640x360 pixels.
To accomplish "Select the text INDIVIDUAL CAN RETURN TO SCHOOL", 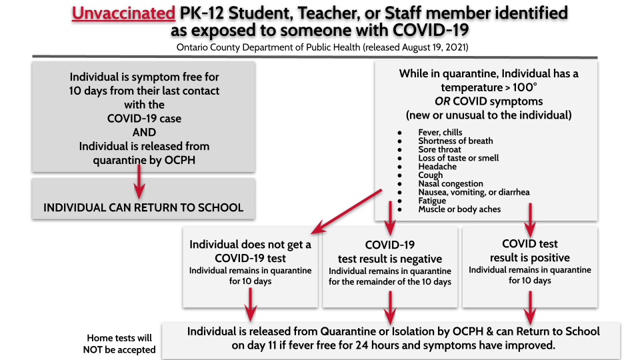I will (143, 207).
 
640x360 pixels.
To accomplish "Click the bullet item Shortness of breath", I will (455, 141).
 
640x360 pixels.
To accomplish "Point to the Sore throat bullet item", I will (439, 149).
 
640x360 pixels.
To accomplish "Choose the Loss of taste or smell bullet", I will (458, 158).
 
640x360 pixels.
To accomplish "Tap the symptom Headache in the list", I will (437, 167).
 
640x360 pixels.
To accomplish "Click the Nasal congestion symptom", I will (450, 183).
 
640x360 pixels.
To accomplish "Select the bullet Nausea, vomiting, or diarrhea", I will (473, 192).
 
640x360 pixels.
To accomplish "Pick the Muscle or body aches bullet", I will (459, 209).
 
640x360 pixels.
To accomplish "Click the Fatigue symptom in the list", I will (432, 201).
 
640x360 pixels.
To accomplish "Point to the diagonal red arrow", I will (347, 210).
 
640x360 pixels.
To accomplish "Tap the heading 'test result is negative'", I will (390, 259).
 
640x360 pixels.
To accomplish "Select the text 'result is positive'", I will (530, 257).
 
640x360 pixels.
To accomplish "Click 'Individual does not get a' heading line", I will (250, 244).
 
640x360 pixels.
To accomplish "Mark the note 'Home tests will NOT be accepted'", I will (119, 344).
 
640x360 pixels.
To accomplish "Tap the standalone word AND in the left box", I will (144, 132).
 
